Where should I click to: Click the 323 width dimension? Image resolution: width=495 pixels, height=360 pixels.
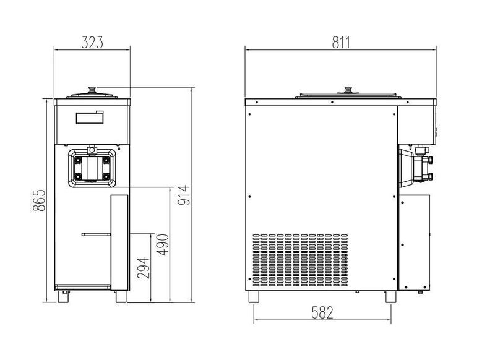[x=92, y=43]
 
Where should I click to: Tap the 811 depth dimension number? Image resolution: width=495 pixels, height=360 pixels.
[x=341, y=43]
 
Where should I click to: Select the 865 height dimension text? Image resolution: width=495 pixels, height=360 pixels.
[x=40, y=200]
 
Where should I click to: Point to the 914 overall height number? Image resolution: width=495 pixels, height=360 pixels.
[x=184, y=195]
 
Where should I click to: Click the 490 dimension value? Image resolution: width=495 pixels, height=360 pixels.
[x=163, y=245]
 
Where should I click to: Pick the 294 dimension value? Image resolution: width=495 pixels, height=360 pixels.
[x=144, y=268]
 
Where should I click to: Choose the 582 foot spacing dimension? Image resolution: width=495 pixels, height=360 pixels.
[x=322, y=312]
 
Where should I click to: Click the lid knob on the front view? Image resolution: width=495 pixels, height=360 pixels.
[x=92, y=90]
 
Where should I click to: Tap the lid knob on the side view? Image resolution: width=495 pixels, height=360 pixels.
[x=348, y=90]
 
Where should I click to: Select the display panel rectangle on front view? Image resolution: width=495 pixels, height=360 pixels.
[x=90, y=118]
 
